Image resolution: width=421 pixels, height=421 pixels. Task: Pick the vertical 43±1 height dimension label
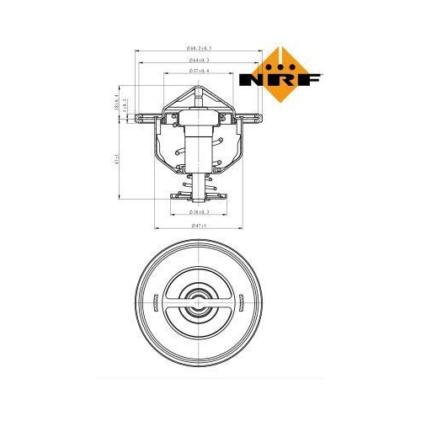pos(115,160)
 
